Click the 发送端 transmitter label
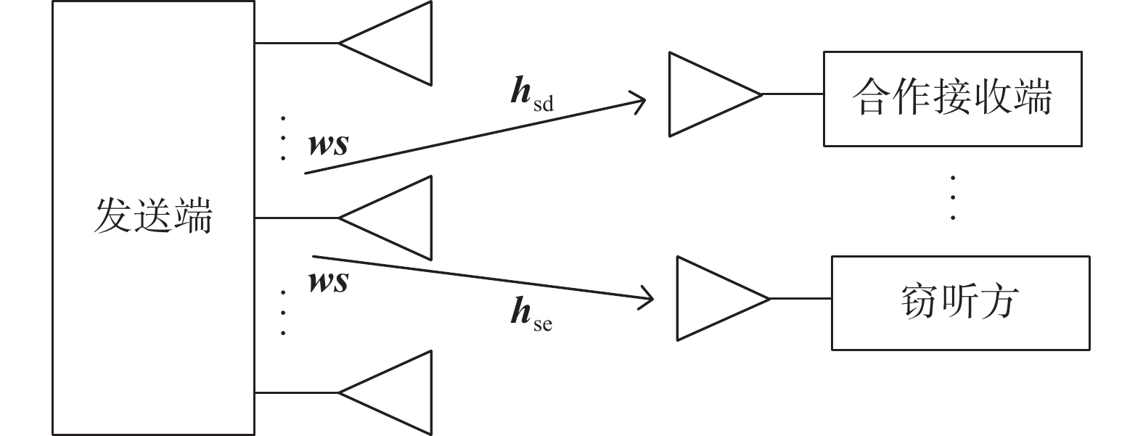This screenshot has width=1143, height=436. click(153, 215)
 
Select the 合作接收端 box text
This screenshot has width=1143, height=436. click(952, 97)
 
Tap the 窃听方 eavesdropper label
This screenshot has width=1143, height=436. click(960, 302)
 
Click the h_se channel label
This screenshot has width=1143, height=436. click(531, 313)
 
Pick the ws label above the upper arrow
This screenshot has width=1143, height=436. click(329, 144)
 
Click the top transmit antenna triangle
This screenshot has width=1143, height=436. click(385, 44)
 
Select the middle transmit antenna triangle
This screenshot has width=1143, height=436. click(385, 218)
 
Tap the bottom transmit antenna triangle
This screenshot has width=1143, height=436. click(385, 392)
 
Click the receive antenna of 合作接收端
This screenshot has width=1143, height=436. click(715, 94)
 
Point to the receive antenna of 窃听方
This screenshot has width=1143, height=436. click(723, 298)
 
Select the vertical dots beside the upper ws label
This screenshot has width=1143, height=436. click(283, 139)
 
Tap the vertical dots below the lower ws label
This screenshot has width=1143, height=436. click(283, 313)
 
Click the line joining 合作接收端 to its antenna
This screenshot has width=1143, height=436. click(793, 94)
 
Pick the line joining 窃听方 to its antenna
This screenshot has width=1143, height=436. click(800, 298)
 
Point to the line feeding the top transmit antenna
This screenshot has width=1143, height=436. click(297, 44)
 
